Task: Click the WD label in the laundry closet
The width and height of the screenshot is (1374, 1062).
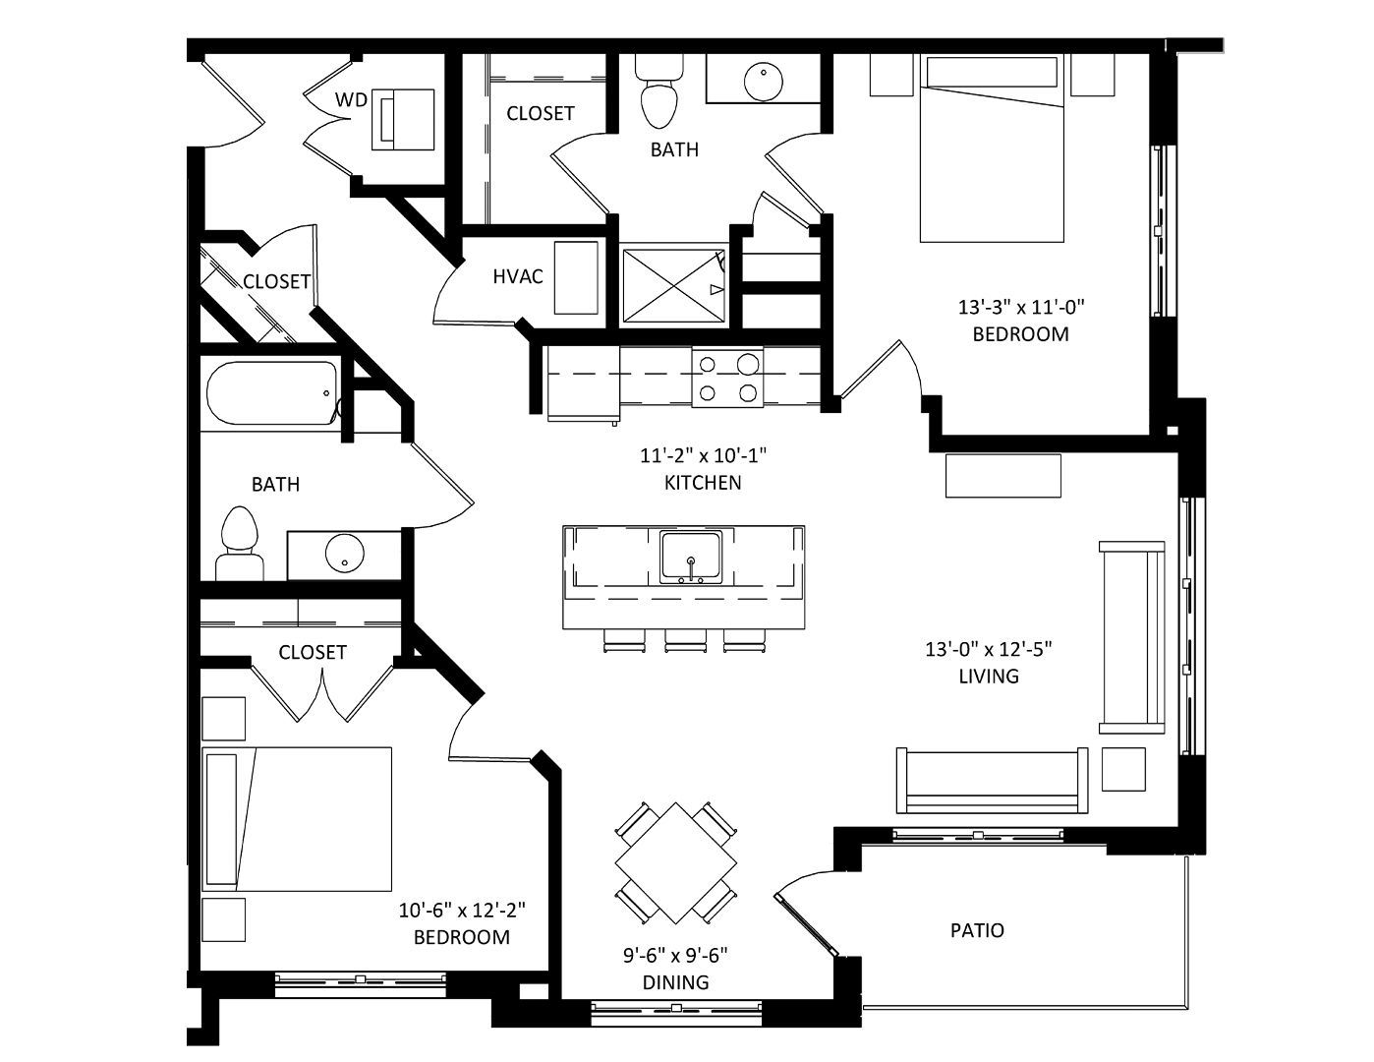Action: pyautogui.click(x=351, y=99)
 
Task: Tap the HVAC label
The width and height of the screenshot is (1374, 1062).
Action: pyautogui.click(x=518, y=276)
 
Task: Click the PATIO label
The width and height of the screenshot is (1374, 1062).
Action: pyautogui.click(x=977, y=930)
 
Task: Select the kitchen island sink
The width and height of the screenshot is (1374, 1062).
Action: pyautogui.click(x=691, y=558)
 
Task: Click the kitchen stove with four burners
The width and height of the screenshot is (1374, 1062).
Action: pyautogui.click(x=727, y=378)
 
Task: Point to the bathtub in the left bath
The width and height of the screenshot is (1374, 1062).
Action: pyautogui.click(x=272, y=392)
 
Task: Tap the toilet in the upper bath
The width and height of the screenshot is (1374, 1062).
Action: pyautogui.click(x=658, y=90)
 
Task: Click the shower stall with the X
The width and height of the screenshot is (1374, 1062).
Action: pyautogui.click(x=674, y=286)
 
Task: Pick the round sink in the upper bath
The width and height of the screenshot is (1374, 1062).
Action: pyautogui.click(x=764, y=81)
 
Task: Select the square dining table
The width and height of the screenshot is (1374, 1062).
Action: pyautogui.click(x=676, y=862)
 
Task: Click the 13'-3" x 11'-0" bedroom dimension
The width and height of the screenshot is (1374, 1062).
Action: pyautogui.click(x=1021, y=308)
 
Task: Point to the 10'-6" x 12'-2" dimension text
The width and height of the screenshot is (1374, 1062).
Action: pyautogui.click(x=462, y=911)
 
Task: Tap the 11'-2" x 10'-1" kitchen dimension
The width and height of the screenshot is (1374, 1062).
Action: pyautogui.click(x=703, y=455)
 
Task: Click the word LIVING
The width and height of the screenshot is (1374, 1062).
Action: pyautogui.click(x=989, y=677)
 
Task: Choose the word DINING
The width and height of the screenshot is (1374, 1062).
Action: pyautogui.click(x=675, y=982)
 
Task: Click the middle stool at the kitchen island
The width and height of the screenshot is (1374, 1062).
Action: pyautogui.click(x=685, y=640)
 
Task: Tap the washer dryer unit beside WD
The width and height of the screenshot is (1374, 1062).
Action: pyautogui.click(x=403, y=120)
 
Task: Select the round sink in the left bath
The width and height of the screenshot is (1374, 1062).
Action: pyautogui.click(x=345, y=553)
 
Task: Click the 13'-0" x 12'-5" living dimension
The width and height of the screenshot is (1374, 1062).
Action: pyautogui.click(x=989, y=650)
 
